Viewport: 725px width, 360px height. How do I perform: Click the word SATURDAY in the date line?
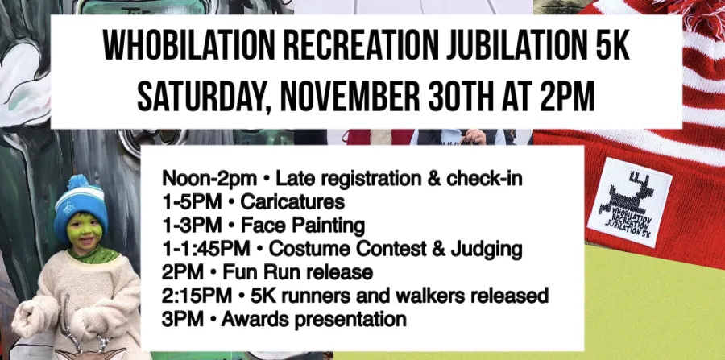pos(204,97)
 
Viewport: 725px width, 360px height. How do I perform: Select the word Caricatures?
pos(292,201)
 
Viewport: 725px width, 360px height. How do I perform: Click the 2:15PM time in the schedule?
pos(197,296)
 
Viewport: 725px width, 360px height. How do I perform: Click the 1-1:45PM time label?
pos(205,249)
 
